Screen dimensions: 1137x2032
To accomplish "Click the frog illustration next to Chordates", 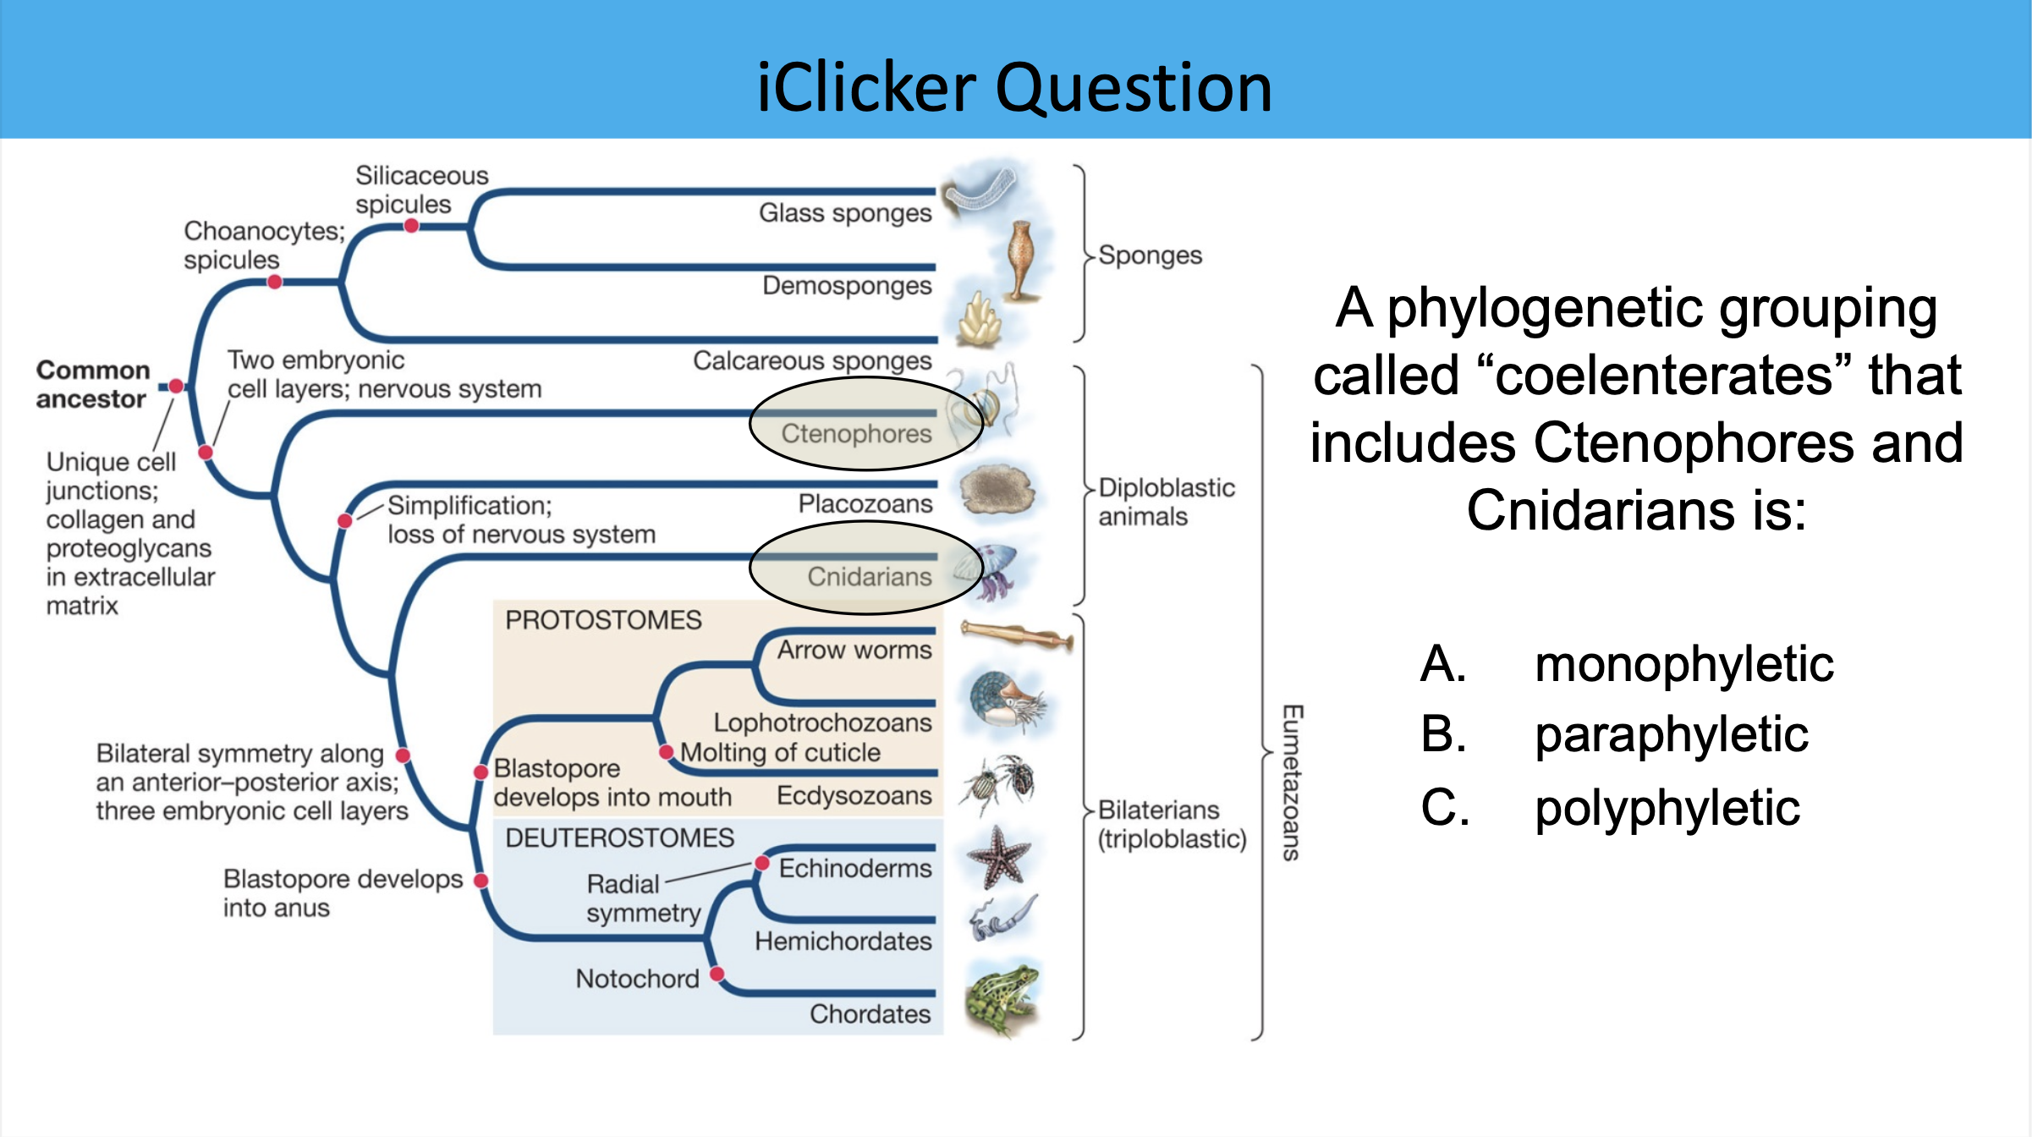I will pyautogui.click(x=1002, y=998).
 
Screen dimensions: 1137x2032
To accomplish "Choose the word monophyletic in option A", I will pyautogui.click(x=1683, y=663).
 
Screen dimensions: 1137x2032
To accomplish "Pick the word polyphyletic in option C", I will pyautogui.click(x=1667, y=807).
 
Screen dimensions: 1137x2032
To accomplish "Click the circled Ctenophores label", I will pyautogui.click(x=856, y=433).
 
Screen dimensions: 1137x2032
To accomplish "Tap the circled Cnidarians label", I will pyautogui.click(x=869, y=576).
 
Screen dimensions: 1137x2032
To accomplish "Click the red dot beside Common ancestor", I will pyautogui.click(x=176, y=386).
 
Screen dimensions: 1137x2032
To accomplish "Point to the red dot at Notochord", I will pyautogui.click(x=717, y=974).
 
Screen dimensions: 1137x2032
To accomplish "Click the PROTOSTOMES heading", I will pyautogui.click(x=603, y=620).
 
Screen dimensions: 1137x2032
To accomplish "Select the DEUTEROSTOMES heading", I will pyautogui.click(x=619, y=838).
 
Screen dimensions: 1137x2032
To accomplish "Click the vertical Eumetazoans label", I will pyautogui.click(x=1291, y=782).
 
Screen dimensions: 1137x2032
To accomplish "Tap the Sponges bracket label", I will pyautogui.click(x=1150, y=255).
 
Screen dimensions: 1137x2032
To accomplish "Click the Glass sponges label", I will pyautogui.click(x=844, y=212).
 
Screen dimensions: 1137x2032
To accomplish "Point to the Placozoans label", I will pyautogui.click(x=865, y=504).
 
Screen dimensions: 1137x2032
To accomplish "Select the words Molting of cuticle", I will pyautogui.click(x=780, y=752).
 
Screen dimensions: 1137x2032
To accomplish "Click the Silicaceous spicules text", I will pyautogui.click(x=420, y=189).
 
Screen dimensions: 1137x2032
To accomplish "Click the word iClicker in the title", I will pyautogui.click(x=866, y=88).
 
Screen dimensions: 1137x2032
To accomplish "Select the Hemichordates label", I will pyautogui.click(x=843, y=941).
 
